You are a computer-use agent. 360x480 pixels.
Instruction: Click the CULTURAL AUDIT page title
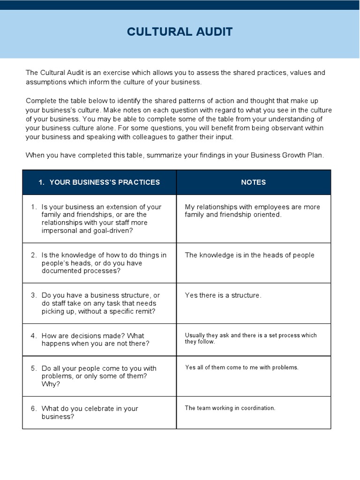pos(180,32)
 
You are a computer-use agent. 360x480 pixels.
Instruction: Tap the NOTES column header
pos(253,182)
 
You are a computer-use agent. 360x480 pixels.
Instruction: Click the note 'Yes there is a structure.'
pos(223,295)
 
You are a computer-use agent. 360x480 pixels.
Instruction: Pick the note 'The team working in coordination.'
pos(230,408)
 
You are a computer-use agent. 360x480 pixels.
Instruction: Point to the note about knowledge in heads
pos(249,255)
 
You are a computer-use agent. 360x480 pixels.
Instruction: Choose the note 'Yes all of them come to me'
pos(241,367)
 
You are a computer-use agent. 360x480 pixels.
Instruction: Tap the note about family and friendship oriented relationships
pos(252,211)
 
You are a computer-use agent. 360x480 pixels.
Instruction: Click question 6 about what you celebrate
pos(90,412)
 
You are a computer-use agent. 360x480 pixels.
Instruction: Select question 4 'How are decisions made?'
pos(95,339)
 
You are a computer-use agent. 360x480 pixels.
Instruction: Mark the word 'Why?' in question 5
pos(50,384)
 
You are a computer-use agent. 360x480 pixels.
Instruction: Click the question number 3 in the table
pos(34,295)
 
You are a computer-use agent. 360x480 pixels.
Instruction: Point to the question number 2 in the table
pos(34,255)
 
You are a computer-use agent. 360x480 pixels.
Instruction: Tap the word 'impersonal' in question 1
pos(60,231)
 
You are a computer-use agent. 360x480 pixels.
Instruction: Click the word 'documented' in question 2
pos(60,271)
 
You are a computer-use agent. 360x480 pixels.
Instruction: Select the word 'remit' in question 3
pos(146,311)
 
